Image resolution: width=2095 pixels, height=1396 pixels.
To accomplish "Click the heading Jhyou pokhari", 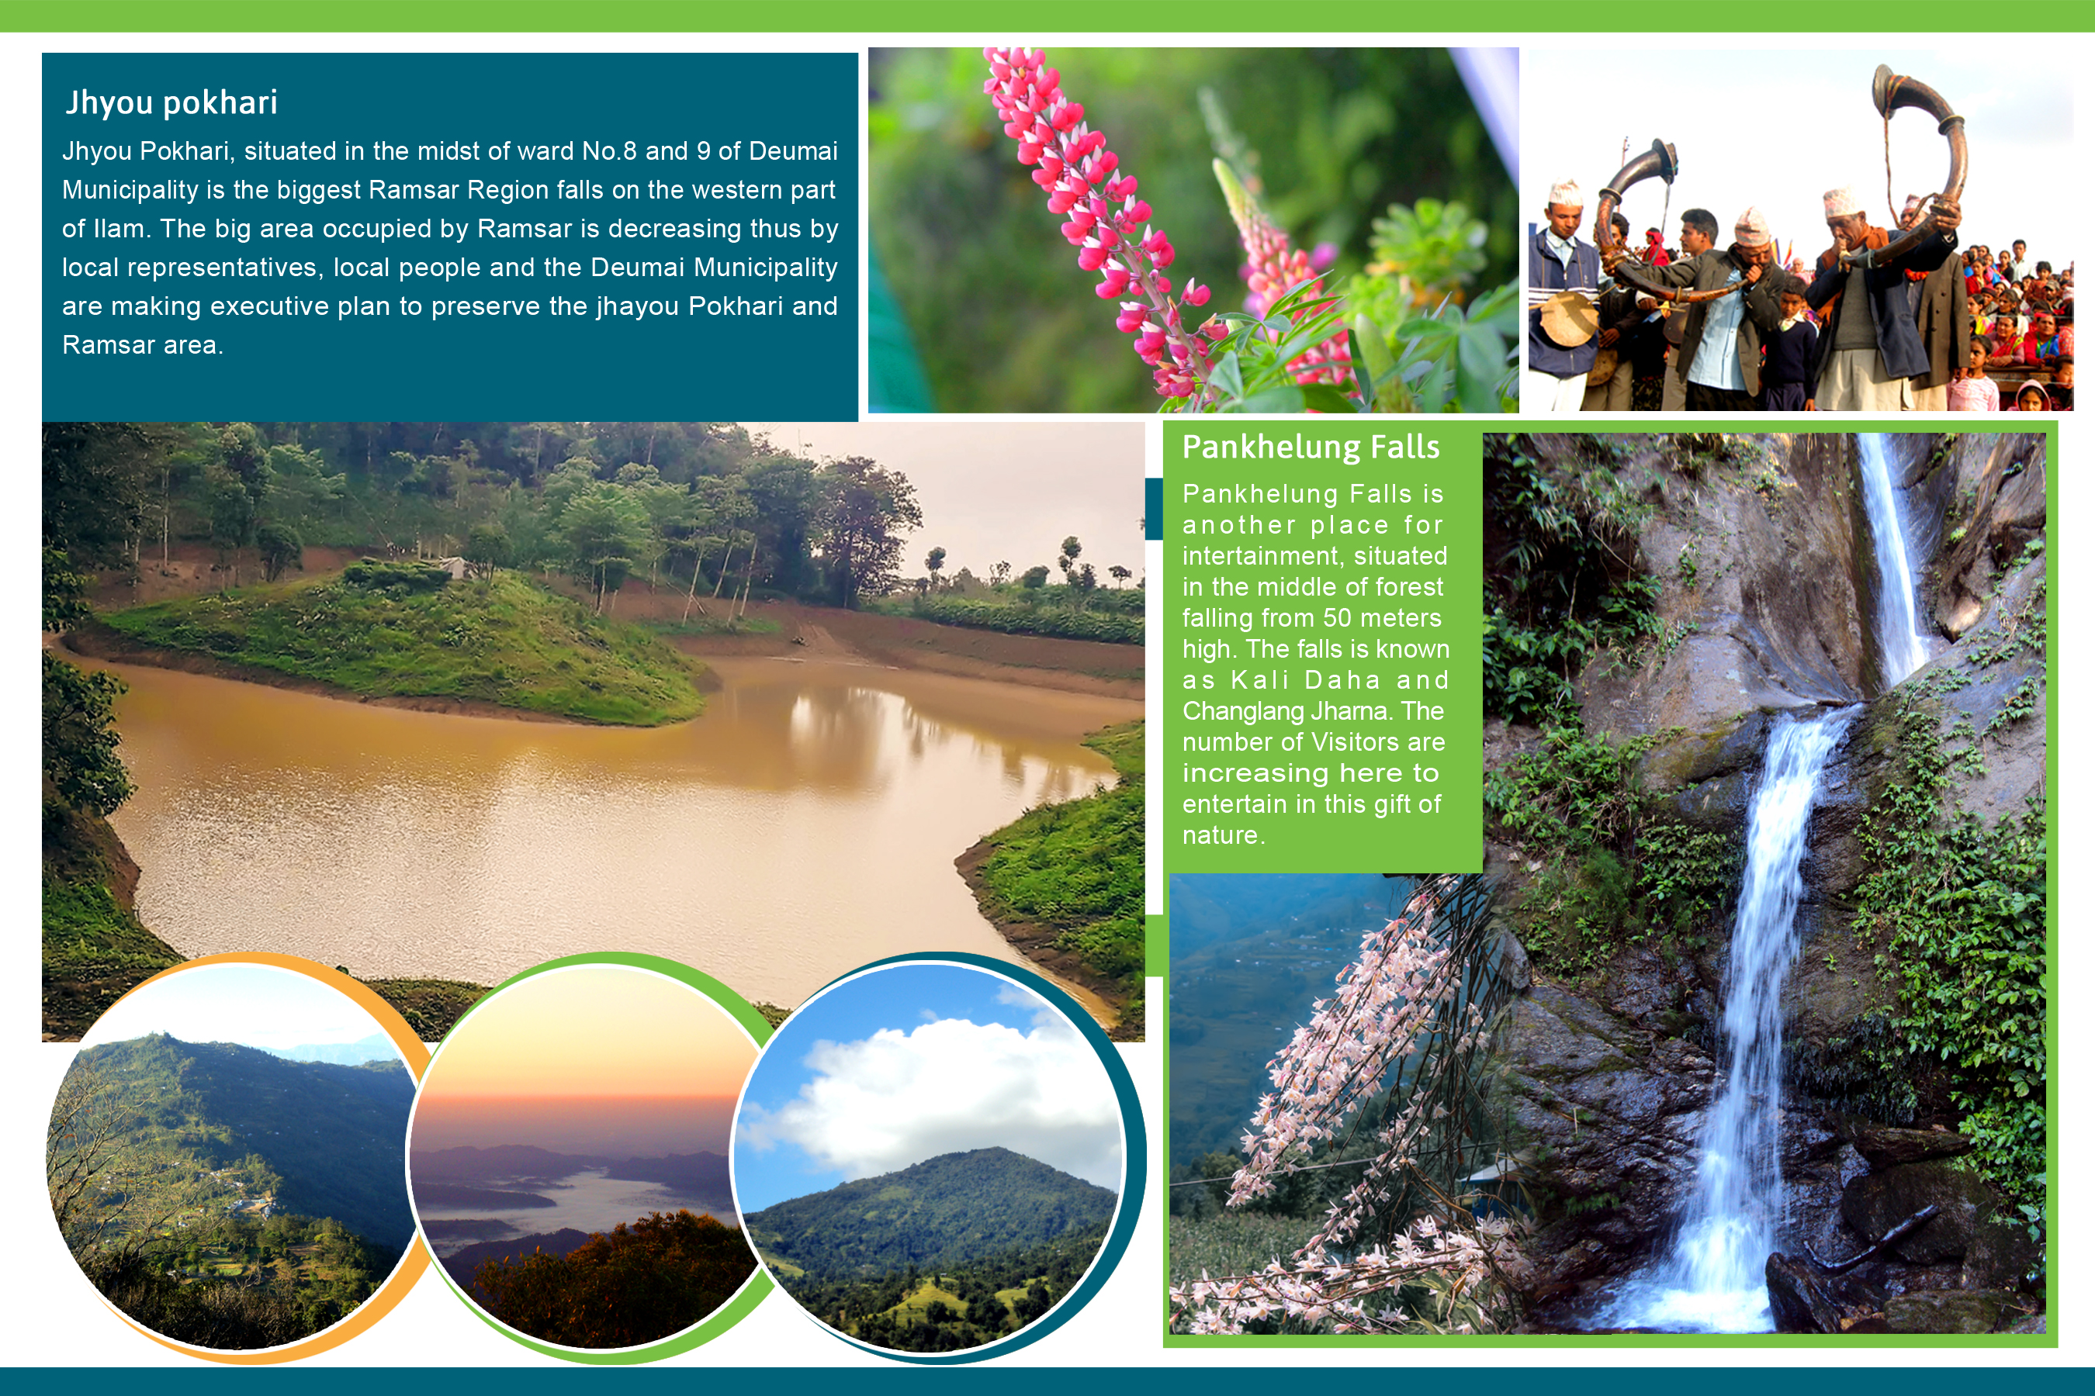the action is tap(171, 103).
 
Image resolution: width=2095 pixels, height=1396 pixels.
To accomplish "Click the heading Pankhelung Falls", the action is tap(1311, 447).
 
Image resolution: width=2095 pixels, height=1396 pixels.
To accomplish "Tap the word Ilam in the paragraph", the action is tap(120, 229).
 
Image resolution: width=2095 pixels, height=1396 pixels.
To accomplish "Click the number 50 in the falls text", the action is tap(1338, 618).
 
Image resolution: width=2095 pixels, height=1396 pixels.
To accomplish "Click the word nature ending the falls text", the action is tap(1223, 835).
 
